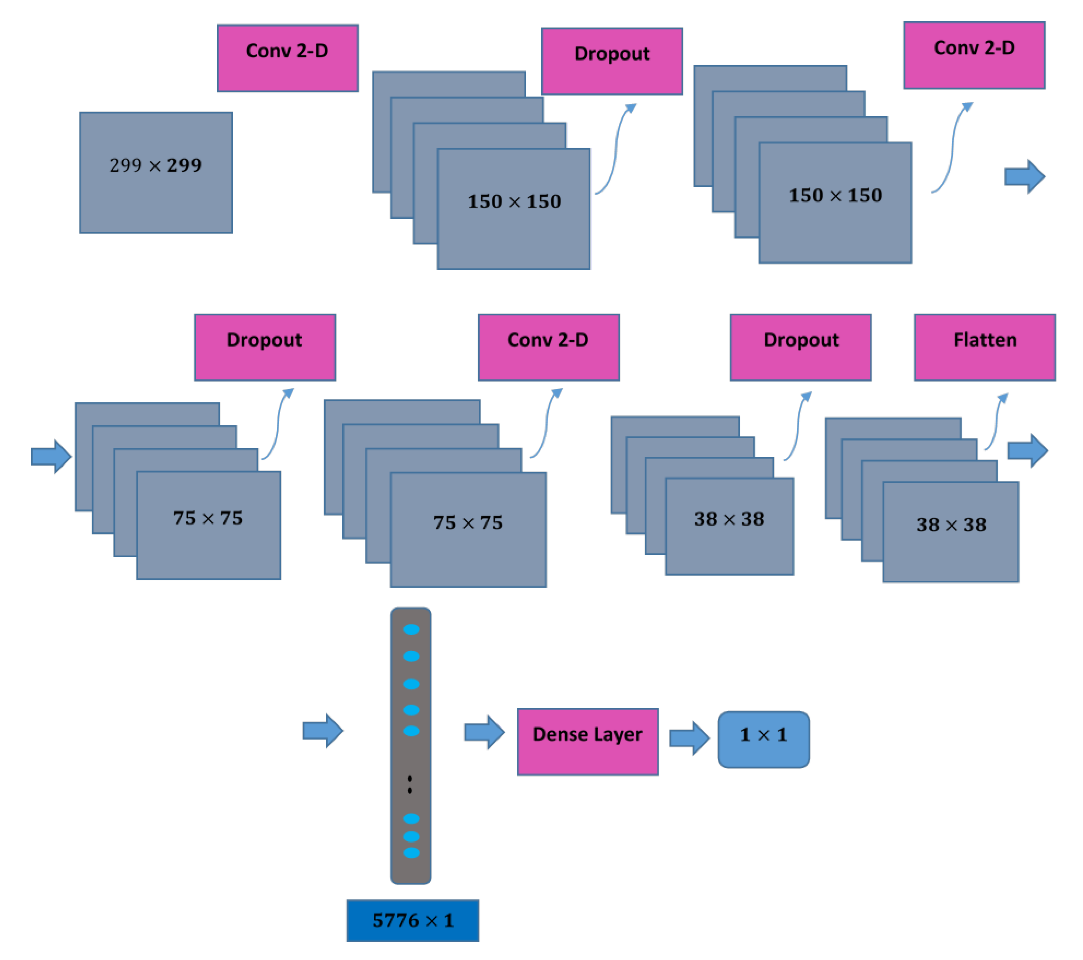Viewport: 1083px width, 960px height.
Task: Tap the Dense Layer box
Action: point(588,741)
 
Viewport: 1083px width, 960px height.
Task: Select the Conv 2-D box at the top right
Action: point(974,55)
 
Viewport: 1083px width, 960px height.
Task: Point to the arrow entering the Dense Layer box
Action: point(484,732)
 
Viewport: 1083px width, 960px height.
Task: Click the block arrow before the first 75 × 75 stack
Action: point(51,456)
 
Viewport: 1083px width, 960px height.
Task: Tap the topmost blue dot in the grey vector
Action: point(411,629)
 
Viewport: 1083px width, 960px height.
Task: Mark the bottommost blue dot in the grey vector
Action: point(411,853)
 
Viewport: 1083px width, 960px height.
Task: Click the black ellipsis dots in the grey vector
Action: point(410,784)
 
